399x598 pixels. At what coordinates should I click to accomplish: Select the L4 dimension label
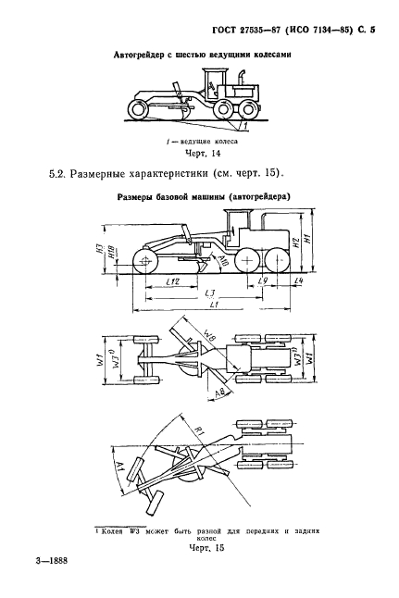298,280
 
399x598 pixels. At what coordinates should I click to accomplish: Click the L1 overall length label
214,305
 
